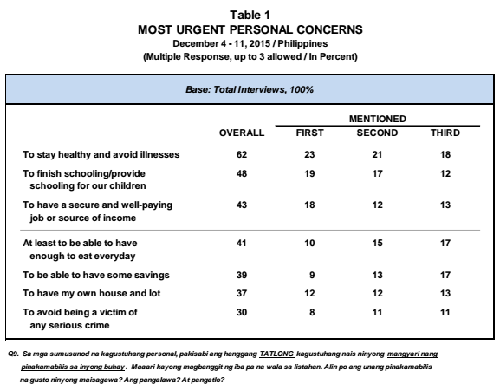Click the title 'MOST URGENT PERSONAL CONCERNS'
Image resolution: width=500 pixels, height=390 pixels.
pos(250,29)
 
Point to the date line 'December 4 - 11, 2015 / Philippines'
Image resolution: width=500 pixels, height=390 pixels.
pos(250,43)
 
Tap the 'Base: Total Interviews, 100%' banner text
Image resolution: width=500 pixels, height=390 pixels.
pos(250,89)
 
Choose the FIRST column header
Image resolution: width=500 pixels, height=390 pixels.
pos(309,133)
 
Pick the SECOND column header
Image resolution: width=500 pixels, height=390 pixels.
pos(377,133)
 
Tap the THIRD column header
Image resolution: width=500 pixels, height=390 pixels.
pos(445,133)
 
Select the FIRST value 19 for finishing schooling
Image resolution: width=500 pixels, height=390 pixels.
pos(309,174)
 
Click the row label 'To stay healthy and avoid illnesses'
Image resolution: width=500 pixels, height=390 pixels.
pos(101,155)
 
